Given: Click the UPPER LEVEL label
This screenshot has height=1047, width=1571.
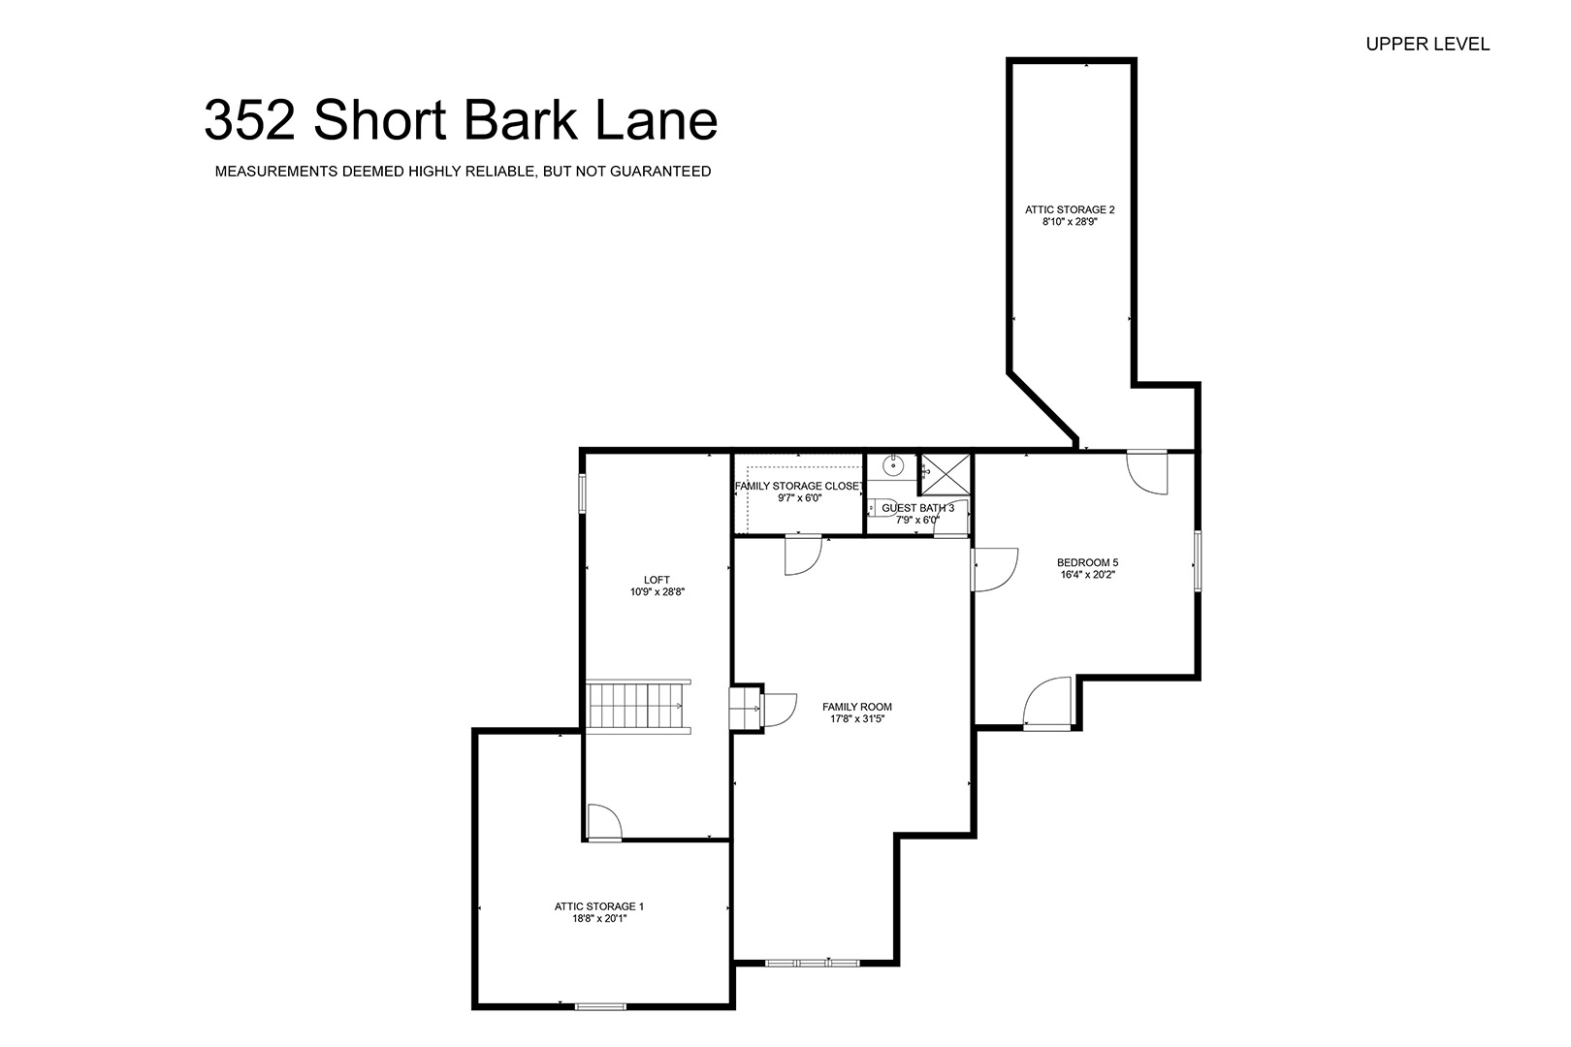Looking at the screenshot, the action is click(x=1427, y=45).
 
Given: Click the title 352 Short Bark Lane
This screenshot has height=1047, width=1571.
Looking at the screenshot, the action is click(x=461, y=120).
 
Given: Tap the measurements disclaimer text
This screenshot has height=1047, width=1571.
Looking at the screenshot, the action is click(x=463, y=172).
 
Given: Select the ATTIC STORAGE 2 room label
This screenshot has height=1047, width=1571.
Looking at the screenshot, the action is click(x=1070, y=209).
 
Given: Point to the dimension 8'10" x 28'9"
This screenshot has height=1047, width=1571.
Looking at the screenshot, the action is click(x=1070, y=222).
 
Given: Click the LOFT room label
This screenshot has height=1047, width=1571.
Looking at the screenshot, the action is click(x=657, y=580).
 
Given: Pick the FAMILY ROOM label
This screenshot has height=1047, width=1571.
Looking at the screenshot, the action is click(x=857, y=707).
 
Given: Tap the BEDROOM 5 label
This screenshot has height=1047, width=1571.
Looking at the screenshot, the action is click(x=1088, y=562).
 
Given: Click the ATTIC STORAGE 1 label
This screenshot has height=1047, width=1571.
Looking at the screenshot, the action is click(x=599, y=906).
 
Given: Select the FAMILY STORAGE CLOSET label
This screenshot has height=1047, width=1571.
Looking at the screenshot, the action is click(x=799, y=486).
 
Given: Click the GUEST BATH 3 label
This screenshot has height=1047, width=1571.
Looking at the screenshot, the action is click(x=918, y=508).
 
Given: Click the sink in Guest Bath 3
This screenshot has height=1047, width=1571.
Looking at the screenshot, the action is click(x=893, y=464).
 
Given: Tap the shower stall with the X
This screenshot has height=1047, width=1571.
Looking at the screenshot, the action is click(x=946, y=475).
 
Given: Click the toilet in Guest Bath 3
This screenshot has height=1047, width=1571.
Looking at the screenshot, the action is click(x=875, y=507).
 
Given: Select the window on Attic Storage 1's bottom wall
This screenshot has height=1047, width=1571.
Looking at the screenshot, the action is click(x=600, y=1007).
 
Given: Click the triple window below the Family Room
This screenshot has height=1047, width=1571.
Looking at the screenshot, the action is click(x=812, y=963).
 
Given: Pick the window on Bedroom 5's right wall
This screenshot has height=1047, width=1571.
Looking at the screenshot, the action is click(x=1198, y=561).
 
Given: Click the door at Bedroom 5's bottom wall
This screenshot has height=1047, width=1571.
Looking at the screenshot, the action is click(x=1047, y=704).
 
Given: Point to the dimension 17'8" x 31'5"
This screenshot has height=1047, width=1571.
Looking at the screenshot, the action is click(x=857, y=718).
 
